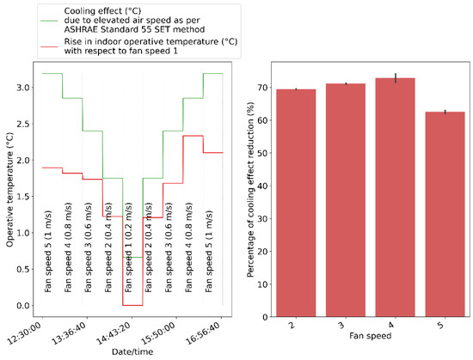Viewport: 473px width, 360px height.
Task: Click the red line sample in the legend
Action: tap(21, 49)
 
